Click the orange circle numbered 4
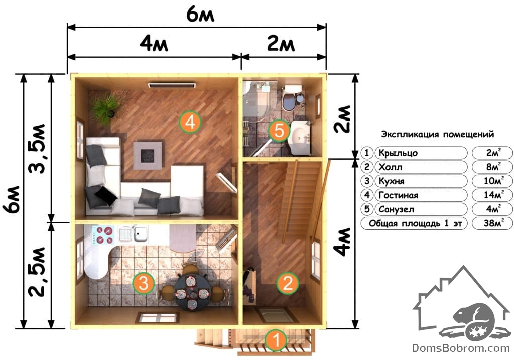click(x=190, y=123)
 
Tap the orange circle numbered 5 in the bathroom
click(x=279, y=131)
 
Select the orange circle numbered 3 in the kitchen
click(x=144, y=283)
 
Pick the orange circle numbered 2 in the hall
click(x=288, y=283)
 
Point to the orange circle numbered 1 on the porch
click(x=276, y=340)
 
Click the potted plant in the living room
click(x=105, y=108)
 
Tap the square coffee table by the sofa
click(x=148, y=156)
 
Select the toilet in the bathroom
click(x=290, y=98)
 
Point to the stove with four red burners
click(x=103, y=235)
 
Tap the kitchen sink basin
click(x=141, y=233)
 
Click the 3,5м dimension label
click(x=37, y=149)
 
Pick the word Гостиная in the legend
click(x=398, y=195)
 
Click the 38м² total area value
click(x=493, y=223)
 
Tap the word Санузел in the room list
click(x=397, y=209)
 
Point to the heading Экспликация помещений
click(x=437, y=134)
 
